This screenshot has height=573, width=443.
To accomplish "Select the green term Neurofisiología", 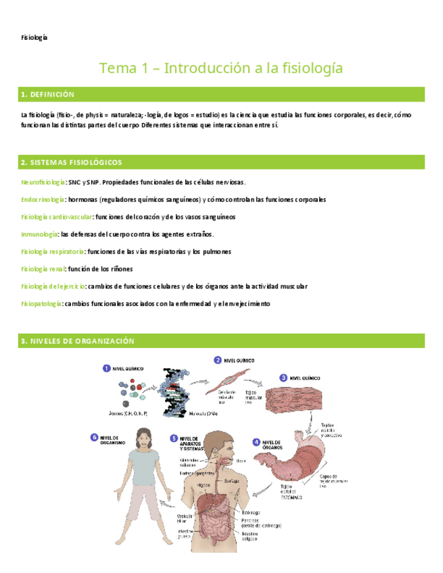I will (x=43, y=182).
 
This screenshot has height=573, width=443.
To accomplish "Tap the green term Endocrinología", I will (x=43, y=200).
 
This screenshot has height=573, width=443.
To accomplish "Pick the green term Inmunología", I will (x=39, y=234).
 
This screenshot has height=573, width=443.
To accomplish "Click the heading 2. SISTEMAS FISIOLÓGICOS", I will (x=71, y=163).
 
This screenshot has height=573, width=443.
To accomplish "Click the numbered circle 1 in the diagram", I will (x=107, y=368).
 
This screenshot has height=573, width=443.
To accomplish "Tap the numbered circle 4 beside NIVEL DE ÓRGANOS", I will (x=256, y=443).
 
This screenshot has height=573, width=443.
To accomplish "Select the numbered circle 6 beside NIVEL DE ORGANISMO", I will (x=94, y=438).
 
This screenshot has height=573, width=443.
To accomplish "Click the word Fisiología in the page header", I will (x=34, y=37).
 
